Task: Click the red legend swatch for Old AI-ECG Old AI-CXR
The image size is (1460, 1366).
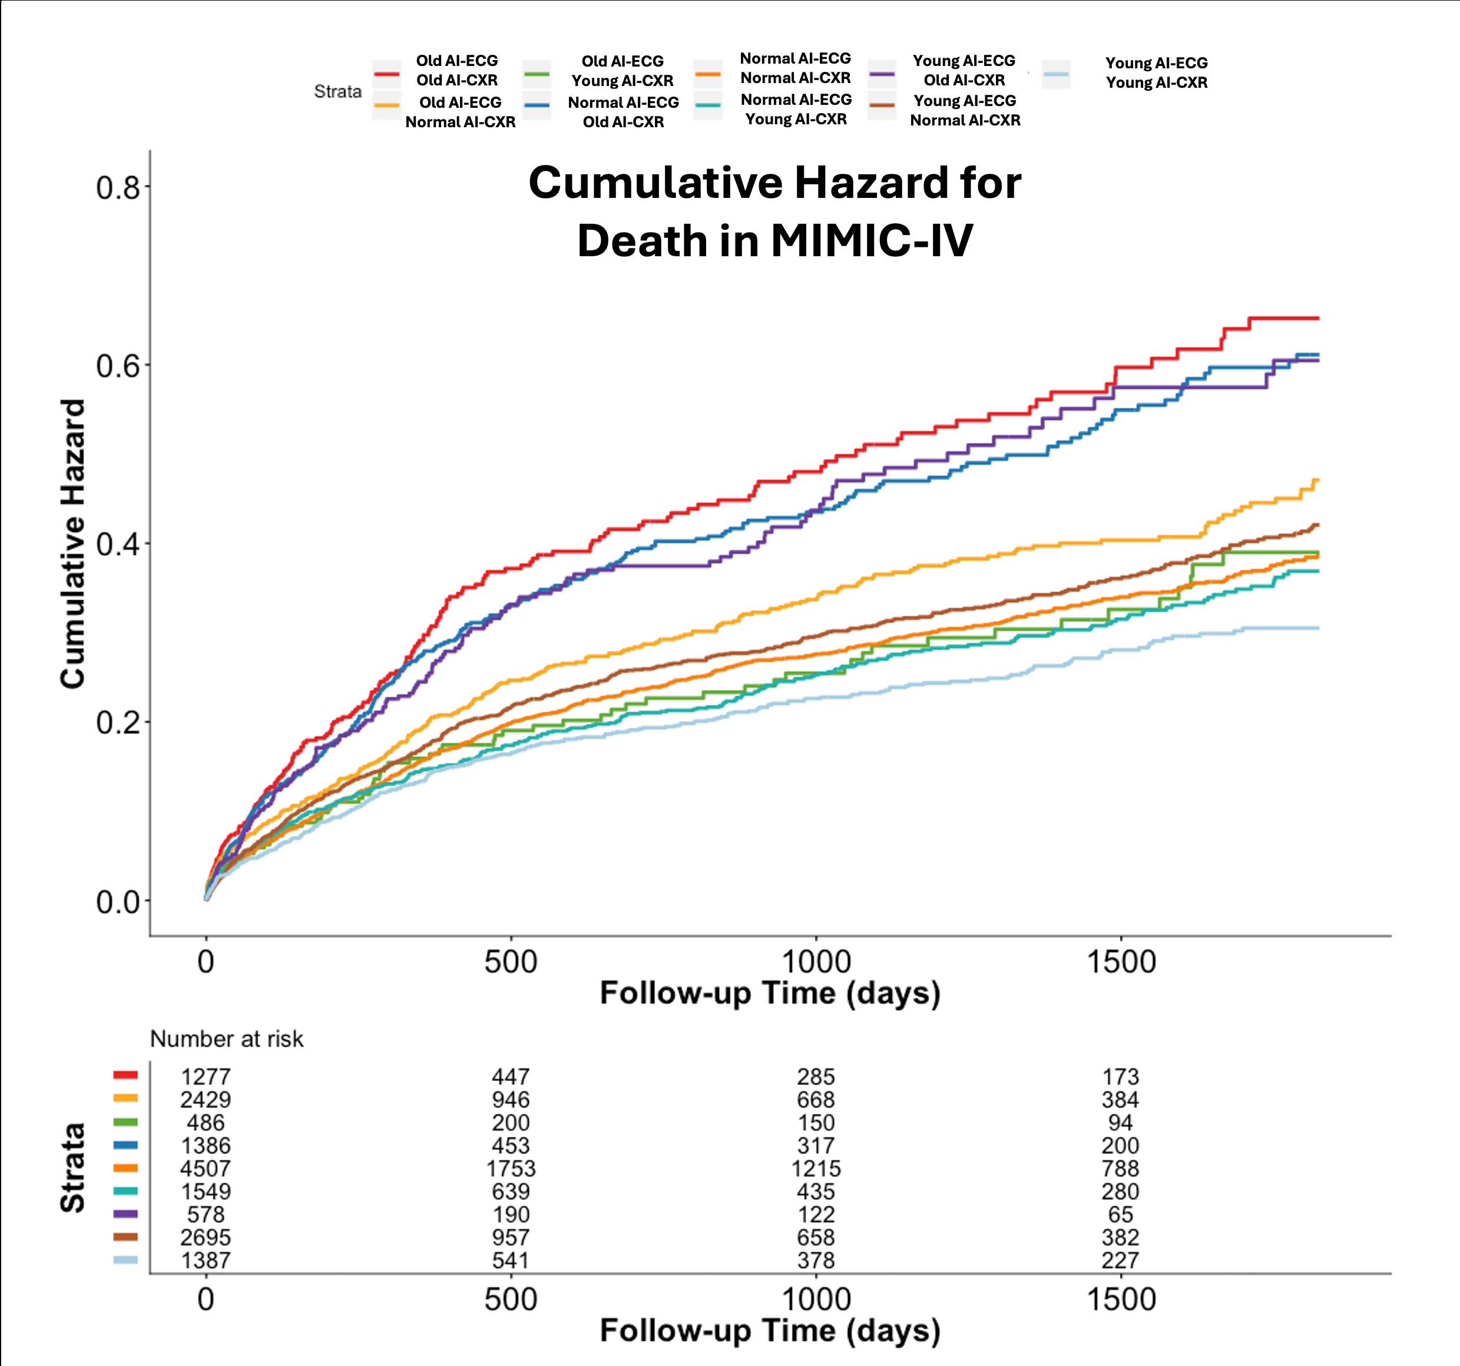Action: (386, 74)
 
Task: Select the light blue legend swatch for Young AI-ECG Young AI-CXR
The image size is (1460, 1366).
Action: (1055, 74)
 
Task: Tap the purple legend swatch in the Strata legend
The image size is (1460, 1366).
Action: (881, 74)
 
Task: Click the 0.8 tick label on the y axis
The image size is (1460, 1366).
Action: (118, 188)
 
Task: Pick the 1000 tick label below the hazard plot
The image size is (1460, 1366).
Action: (816, 962)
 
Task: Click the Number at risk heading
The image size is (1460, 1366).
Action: (226, 1039)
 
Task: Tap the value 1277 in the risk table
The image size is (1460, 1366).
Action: (206, 1077)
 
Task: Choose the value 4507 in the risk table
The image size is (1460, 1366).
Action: (206, 1169)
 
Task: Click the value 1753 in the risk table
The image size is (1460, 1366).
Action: (511, 1169)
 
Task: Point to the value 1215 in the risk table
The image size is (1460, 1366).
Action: (816, 1169)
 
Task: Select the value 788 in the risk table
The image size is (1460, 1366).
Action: (1120, 1169)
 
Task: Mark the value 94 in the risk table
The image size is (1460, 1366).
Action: (1120, 1123)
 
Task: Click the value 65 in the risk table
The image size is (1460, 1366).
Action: (1120, 1215)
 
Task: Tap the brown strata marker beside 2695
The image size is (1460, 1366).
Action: (125, 1238)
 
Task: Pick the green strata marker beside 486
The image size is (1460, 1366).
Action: (125, 1123)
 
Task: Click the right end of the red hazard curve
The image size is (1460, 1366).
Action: (1318, 318)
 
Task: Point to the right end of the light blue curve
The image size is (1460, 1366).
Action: (1318, 628)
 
